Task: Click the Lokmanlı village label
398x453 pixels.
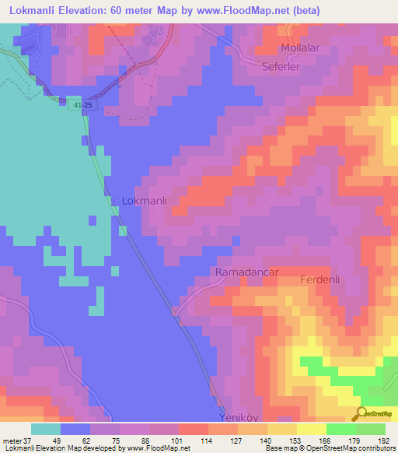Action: point(145,201)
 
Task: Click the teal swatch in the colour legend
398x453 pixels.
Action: point(46,428)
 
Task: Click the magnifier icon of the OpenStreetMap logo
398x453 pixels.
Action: point(361,413)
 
